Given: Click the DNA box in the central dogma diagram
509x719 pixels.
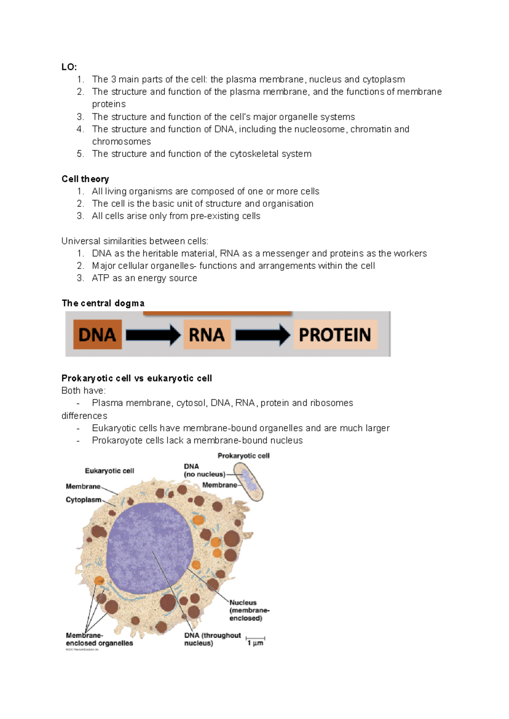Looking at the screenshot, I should [x=97, y=334].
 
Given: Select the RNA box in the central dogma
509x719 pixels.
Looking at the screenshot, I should [x=207, y=334].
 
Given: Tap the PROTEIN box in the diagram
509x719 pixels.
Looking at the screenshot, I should [x=335, y=334].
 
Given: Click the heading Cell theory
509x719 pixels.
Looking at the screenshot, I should [x=85, y=179].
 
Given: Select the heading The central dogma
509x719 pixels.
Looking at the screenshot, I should [x=103, y=303].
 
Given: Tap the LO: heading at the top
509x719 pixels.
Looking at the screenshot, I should [x=69, y=67].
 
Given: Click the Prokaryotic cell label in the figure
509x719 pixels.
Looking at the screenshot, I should [x=243, y=456].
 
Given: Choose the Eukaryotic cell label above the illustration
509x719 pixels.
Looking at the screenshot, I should [x=109, y=471].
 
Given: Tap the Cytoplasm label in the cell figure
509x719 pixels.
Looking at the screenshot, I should [x=84, y=500].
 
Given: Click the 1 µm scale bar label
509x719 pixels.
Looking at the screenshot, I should [x=255, y=643].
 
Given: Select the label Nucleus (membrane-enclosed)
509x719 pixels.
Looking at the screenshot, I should [x=249, y=610].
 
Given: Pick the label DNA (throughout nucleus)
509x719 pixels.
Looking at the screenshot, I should [x=212, y=639].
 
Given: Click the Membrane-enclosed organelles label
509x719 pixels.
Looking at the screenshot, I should [x=99, y=639].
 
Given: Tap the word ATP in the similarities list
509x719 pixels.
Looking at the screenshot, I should [x=101, y=278].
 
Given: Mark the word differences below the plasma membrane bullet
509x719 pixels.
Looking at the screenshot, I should [x=84, y=416].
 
